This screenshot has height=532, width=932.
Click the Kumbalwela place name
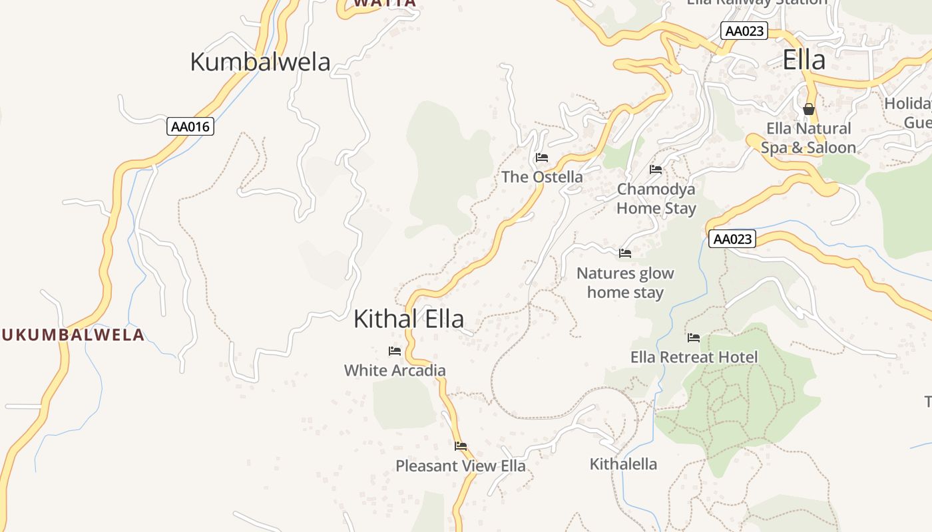click(x=260, y=62)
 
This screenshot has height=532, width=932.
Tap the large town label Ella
click(x=804, y=60)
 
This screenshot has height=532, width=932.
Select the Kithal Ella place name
click(x=408, y=319)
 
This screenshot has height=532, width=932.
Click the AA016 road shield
click(x=190, y=126)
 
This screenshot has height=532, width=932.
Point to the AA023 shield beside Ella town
click(x=744, y=31)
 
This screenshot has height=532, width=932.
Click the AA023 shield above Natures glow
click(x=732, y=239)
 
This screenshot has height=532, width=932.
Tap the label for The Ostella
click(x=542, y=177)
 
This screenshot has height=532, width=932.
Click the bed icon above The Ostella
click(x=542, y=158)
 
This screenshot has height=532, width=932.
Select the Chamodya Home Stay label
click(x=656, y=198)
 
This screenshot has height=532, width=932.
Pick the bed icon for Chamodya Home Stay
click(x=656, y=170)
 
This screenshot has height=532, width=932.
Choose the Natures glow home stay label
click(x=625, y=283)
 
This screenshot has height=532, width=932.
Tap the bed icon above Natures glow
click(x=625, y=253)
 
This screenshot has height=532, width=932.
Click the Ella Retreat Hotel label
click(x=694, y=357)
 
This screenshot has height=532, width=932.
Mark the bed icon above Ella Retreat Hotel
click(x=694, y=338)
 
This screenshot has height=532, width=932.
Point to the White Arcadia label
click(x=395, y=370)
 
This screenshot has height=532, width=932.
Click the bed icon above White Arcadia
click(x=395, y=351)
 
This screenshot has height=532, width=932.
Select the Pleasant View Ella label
click(x=461, y=465)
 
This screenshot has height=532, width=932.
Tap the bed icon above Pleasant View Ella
click(x=461, y=446)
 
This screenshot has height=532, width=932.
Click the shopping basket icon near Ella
click(x=809, y=109)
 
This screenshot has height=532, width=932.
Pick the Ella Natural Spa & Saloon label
click(x=808, y=138)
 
